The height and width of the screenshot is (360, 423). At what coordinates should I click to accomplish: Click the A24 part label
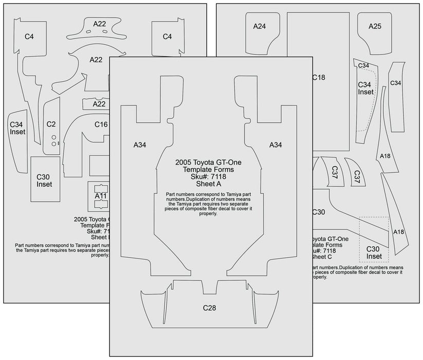[x=259, y=26]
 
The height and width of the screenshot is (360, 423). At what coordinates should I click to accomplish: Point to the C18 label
[x=319, y=78]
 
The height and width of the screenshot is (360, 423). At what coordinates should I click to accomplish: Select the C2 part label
[x=51, y=124]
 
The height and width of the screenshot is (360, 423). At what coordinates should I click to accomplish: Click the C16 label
[x=101, y=124]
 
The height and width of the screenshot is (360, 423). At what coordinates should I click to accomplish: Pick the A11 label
[x=101, y=196]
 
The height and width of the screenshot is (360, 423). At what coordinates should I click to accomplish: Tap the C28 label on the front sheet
[x=209, y=308]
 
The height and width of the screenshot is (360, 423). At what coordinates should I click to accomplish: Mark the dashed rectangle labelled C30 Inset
[x=374, y=239]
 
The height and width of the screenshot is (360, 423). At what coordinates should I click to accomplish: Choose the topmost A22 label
[x=100, y=24]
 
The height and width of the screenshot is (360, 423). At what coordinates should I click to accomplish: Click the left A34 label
[x=140, y=146]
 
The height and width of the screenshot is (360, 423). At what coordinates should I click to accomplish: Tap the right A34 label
[x=276, y=146]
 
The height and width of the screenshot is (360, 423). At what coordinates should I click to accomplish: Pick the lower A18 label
[x=398, y=232]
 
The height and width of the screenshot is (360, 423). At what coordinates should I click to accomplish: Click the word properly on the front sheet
[x=207, y=214]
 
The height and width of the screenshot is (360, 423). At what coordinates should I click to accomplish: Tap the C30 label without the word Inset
[x=319, y=212]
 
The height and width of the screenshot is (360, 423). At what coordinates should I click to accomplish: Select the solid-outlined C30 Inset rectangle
[x=45, y=179]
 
